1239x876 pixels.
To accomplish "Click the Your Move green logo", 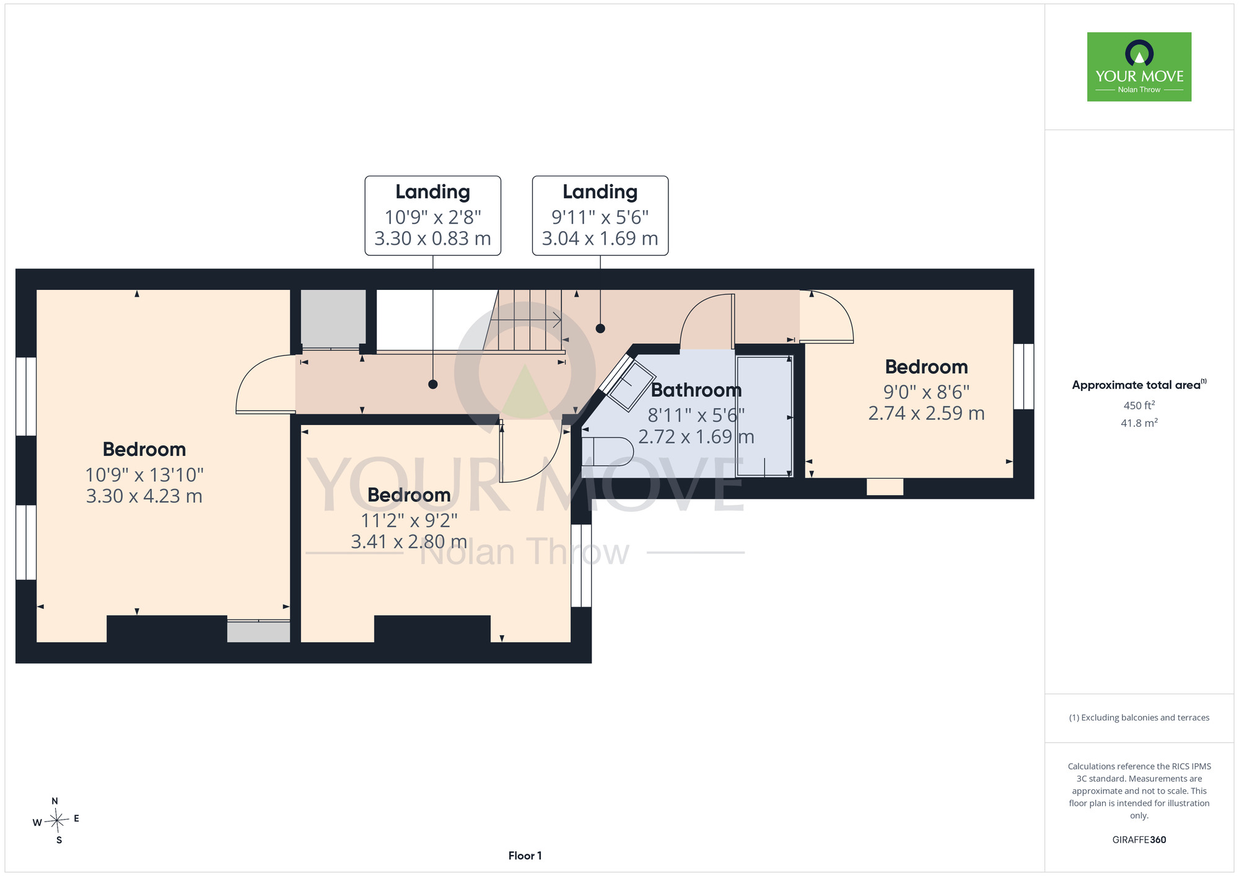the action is (x=1139, y=67).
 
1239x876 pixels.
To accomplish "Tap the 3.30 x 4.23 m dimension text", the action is (x=144, y=496).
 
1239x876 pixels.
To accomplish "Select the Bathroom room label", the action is (x=696, y=390).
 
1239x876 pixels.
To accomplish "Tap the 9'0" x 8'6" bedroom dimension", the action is (x=926, y=392).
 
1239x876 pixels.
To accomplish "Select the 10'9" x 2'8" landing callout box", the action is (x=433, y=216).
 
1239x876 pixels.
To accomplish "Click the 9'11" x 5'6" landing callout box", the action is (x=600, y=216).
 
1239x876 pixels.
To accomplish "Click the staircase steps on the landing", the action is (x=527, y=320).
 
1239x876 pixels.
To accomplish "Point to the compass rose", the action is (x=56, y=821).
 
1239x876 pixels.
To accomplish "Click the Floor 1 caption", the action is (x=525, y=856).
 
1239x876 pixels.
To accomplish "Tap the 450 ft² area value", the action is (x=1139, y=405).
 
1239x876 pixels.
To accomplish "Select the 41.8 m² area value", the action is (x=1139, y=423).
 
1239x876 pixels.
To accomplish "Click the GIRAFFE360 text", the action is (x=1139, y=840).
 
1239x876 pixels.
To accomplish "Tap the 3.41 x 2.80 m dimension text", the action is (x=409, y=542).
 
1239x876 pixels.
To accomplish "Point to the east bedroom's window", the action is (x=1023, y=377).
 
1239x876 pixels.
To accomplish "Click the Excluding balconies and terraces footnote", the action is (x=1139, y=717).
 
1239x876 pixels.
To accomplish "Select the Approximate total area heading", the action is (x=1139, y=385).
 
